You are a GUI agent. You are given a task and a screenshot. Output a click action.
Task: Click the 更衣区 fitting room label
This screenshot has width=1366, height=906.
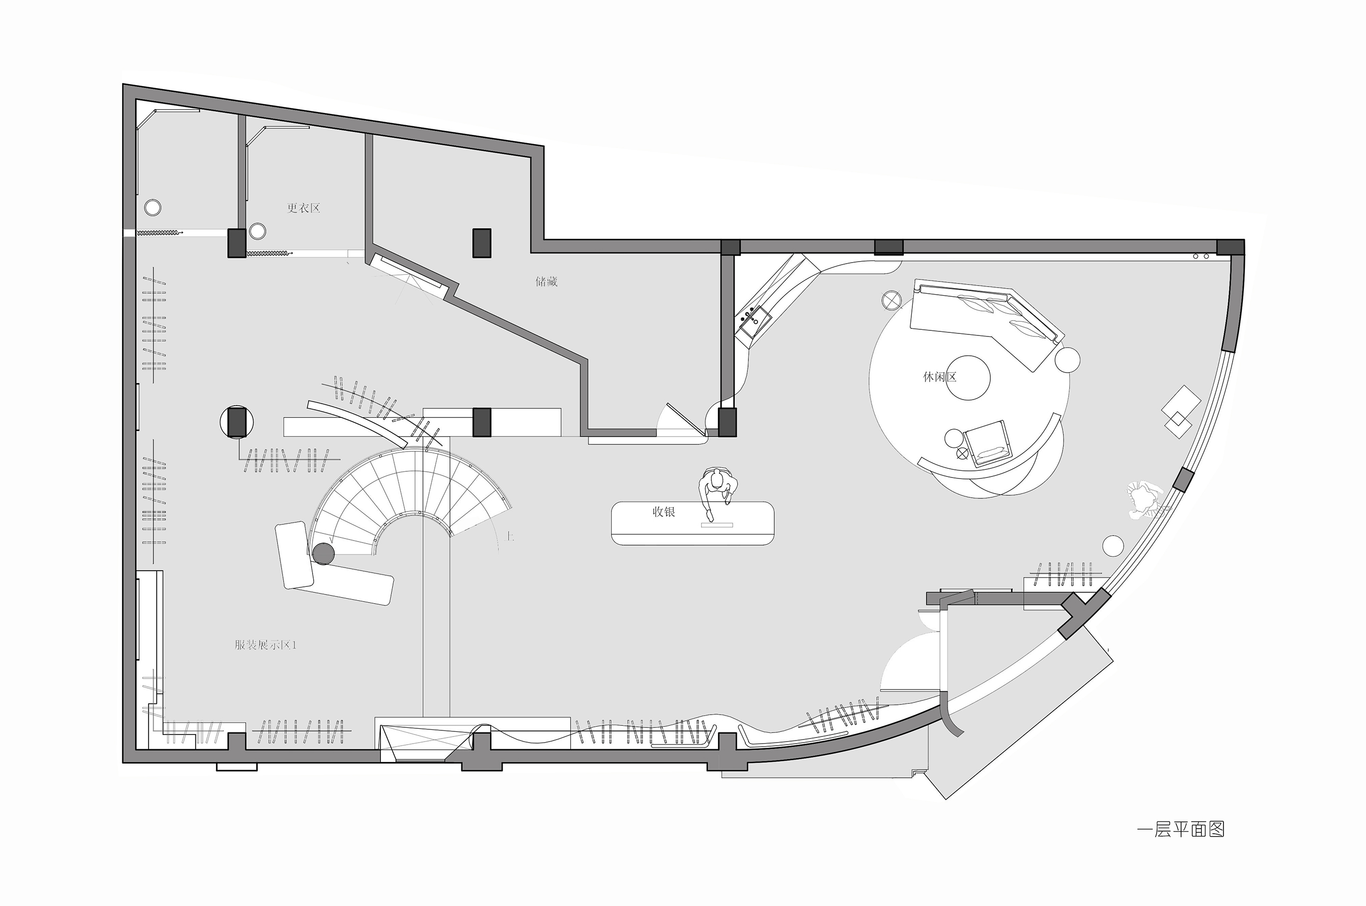(x=303, y=208)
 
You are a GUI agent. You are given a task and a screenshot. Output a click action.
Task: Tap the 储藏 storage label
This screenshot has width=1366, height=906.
(x=546, y=281)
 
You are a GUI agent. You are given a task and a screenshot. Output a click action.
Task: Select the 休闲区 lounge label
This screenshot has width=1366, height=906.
(x=939, y=377)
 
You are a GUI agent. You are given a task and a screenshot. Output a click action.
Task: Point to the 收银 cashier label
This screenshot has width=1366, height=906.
(x=664, y=512)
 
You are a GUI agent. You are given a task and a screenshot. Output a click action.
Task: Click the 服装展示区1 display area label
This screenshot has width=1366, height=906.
(x=265, y=645)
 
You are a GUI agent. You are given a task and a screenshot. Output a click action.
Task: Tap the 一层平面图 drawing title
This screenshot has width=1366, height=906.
(x=1181, y=830)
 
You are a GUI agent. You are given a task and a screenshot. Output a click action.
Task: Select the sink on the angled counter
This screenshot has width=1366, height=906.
(x=752, y=320)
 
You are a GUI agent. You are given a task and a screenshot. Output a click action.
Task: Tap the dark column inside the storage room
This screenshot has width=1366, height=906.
(x=482, y=243)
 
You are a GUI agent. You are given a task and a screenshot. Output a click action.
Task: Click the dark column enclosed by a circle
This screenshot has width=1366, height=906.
(x=237, y=422)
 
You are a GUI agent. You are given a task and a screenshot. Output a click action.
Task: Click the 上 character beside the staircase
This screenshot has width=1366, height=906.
(x=509, y=536)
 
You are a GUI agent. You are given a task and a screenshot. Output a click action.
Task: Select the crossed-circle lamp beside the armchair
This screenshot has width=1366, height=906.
(x=962, y=454)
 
